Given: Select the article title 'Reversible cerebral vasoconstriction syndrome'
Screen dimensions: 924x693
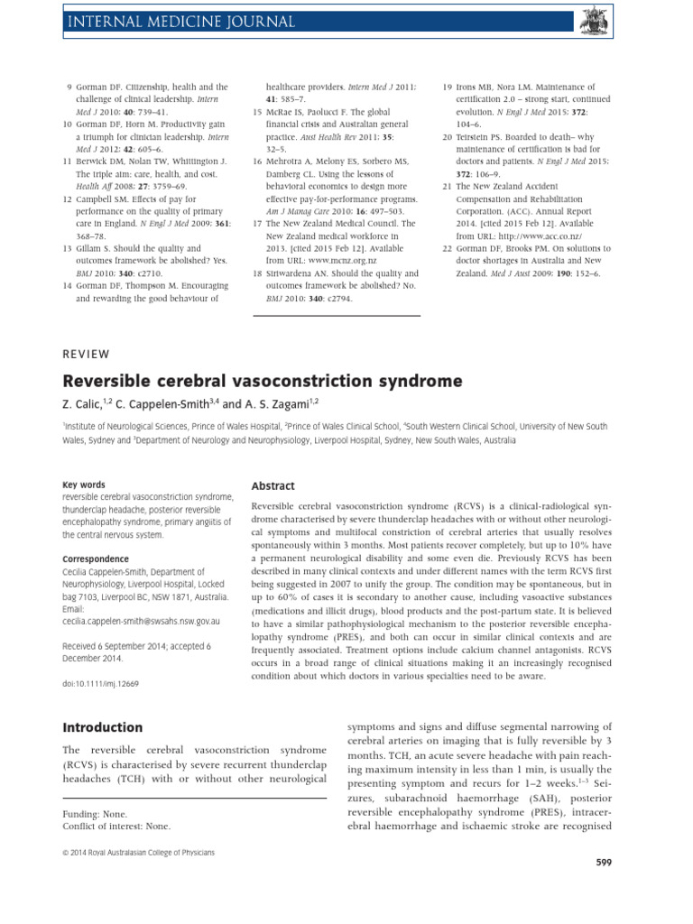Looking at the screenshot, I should pyautogui.click(x=263, y=382).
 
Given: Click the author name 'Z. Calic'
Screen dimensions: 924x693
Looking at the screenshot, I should pyautogui.click(x=86, y=405).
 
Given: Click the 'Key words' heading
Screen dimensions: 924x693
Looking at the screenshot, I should pyautogui.click(x=84, y=485).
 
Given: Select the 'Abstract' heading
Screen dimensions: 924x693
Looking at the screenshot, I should pyautogui.click(x=273, y=485).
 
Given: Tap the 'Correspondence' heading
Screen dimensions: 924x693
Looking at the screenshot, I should pyautogui.click(x=96, y=559).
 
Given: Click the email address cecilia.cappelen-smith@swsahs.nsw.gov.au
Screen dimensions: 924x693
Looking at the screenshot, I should pyautogui.click(x=141, y=622).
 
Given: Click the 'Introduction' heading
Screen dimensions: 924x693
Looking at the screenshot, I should pyautogui.click(x=102, y=727).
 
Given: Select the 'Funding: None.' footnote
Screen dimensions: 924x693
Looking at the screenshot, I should pyautogui.click(x=96, y=813).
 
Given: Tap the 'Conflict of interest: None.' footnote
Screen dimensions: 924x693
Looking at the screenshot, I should pyautogui.click(x=116, y=826).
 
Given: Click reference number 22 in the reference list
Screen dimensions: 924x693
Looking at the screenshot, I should pyautogui.click(x=447, y=248).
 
